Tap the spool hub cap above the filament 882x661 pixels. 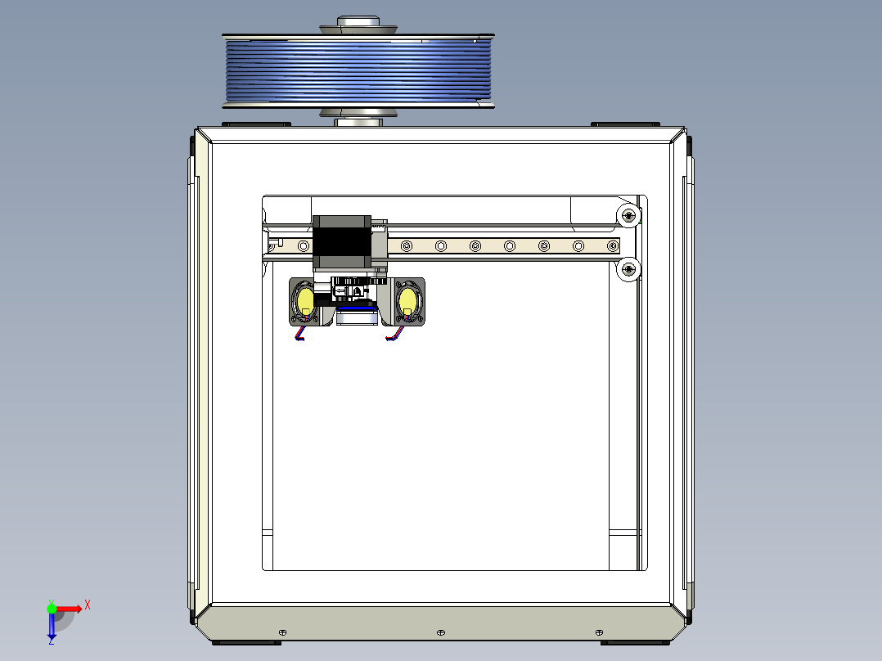(358, 22)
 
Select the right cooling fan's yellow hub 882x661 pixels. (407, 302)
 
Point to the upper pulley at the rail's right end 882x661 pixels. (628, 216)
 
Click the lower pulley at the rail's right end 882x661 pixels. (628, 269)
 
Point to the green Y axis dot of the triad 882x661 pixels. (52, 608)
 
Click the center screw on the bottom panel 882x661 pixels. (440, 633)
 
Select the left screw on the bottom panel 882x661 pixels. (282, 633)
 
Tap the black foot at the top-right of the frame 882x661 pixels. (625, 124)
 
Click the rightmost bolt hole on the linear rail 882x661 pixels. (612, 245)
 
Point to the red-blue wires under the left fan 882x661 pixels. (300, 334)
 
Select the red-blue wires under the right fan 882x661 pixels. (394, 335)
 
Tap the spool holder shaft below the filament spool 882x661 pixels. (358, 122)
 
